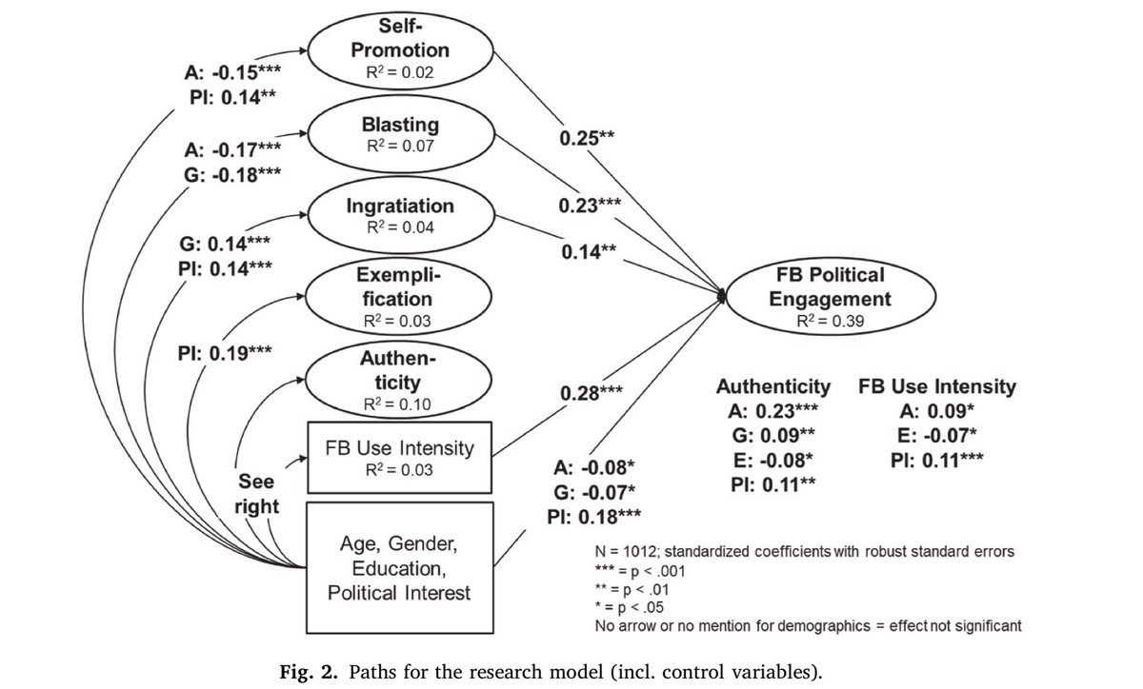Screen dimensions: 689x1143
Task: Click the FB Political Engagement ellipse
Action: [x=821, y=298]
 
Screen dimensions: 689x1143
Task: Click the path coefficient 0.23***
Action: [x=590, y=205]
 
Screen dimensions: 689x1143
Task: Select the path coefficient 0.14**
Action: [x=589, y=253]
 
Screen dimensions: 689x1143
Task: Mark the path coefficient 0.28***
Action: [x=592, y=393]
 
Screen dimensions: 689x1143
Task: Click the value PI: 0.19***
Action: [x=226, y=352]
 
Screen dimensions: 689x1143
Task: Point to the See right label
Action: [x=257, y=493]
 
